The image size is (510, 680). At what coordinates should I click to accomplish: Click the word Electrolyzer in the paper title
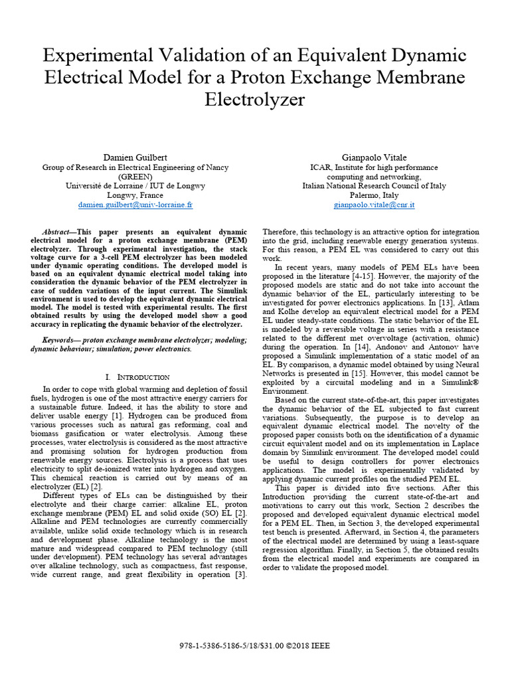(255, 100)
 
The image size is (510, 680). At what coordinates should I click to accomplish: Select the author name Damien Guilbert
(135, 158)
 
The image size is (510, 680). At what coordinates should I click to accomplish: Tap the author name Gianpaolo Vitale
(374, 158)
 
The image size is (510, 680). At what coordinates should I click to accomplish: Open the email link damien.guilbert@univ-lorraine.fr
(135, 205)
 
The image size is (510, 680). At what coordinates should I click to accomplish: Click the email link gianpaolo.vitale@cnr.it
(374, 205)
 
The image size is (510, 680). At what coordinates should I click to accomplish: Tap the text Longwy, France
(135, 196)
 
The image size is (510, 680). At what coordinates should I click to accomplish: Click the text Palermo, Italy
(374, 196)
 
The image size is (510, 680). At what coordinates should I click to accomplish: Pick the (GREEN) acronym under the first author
(135, 177)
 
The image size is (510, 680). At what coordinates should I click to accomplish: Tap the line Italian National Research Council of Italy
(374, 187)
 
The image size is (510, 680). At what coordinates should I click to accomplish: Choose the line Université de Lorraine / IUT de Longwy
(135, 187)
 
